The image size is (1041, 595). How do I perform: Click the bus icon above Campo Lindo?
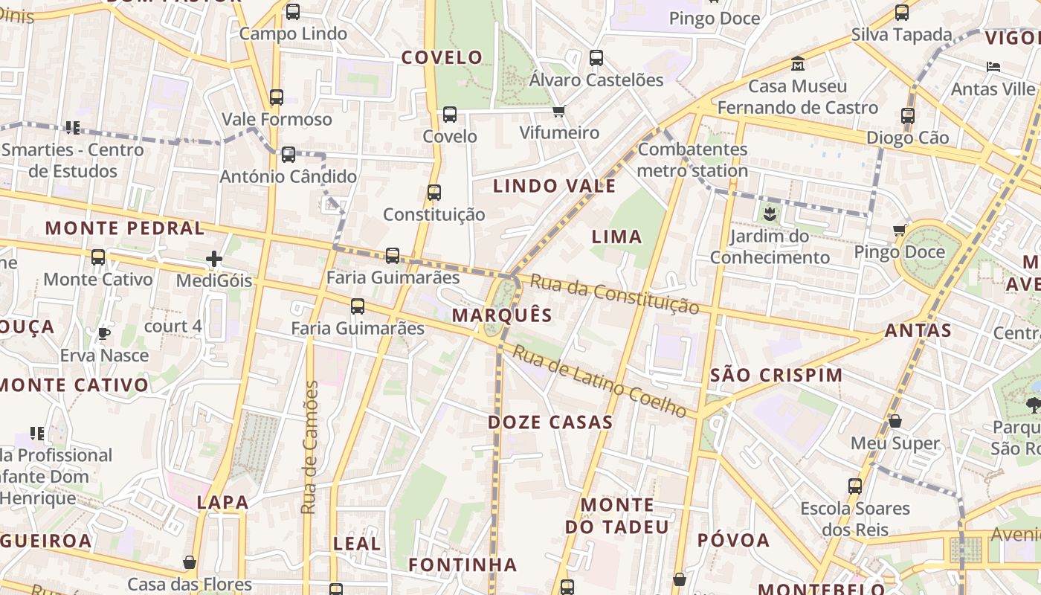pos(293,11)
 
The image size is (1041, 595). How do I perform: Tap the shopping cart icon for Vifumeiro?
pos(559,112)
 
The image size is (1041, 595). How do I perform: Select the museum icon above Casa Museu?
pos(798,63)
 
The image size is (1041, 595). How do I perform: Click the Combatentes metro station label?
pos(692,160)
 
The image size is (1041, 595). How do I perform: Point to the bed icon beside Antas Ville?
pos(993,67)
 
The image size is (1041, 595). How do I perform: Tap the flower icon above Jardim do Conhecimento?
pos(769,215)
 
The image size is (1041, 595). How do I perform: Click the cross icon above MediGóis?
pos(214,259)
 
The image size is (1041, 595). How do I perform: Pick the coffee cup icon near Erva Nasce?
pos(104,333)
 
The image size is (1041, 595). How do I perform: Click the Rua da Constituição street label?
pos(616,295)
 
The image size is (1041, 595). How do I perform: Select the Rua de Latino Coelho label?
pos(599,382)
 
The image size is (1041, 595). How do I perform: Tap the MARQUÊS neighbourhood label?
pos(503,315)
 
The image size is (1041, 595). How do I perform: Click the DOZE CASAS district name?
pos(550,422)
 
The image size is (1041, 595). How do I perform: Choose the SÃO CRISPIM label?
pos(776,375)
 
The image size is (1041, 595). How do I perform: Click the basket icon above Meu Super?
pos(895,421)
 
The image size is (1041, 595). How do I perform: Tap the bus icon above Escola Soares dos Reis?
pos(855,486)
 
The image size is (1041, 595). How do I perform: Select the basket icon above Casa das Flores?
pos(190,562)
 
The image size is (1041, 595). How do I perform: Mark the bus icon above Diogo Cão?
pos(908,115)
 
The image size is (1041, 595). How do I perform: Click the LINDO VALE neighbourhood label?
pos(555,186)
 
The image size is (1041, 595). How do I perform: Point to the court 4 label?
pos(173,326)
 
